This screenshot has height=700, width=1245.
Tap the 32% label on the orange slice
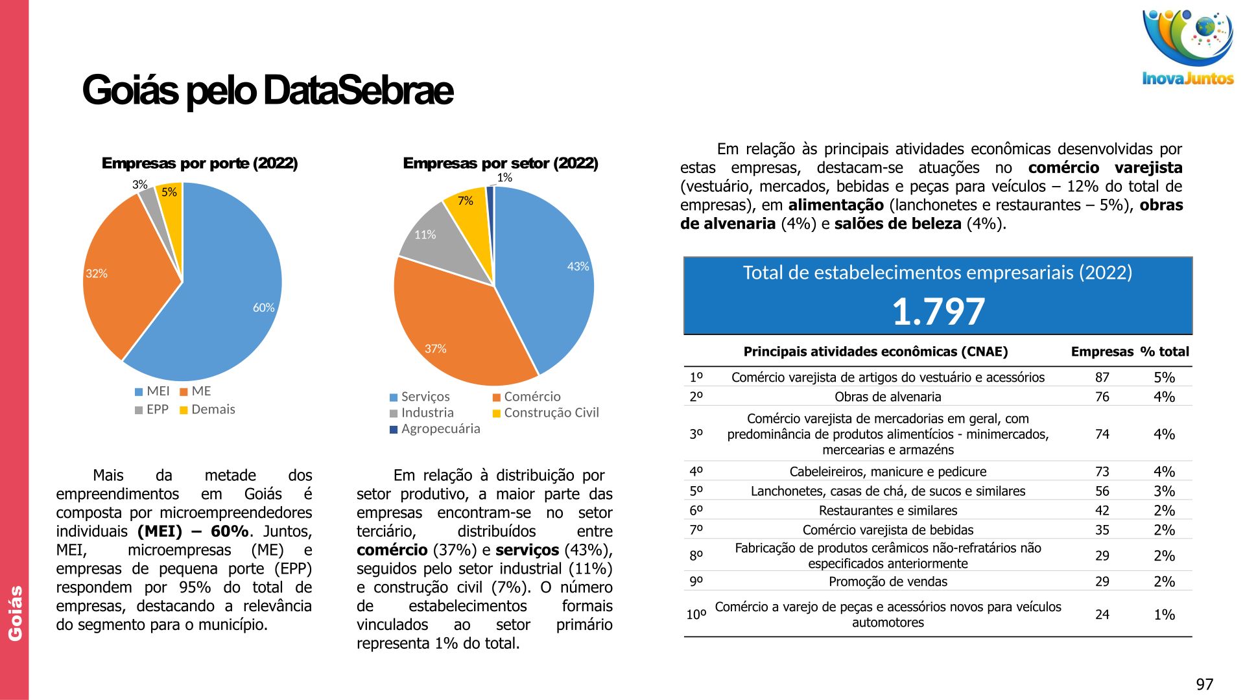point(97,274)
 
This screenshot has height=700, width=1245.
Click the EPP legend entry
point(152,410)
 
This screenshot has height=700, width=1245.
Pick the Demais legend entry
point(207,410)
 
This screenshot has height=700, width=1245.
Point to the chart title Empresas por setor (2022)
point(500,163)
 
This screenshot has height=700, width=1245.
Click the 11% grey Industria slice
point(441,240)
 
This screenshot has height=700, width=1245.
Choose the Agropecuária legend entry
point(435,429)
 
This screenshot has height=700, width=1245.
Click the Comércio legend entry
point(527,397)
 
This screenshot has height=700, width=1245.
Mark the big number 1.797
point(938,312)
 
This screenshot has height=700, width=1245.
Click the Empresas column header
point(1102,352)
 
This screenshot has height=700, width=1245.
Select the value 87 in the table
point(1102,377)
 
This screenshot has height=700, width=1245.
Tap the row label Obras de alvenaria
point(888,397)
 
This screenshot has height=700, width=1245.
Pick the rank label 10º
point(696,614)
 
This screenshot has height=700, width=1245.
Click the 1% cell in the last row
point(1164,614)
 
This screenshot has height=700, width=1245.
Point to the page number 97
point(1204,684)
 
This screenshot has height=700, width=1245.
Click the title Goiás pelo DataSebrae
point(267,90)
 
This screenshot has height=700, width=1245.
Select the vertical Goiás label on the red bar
point(15,613)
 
